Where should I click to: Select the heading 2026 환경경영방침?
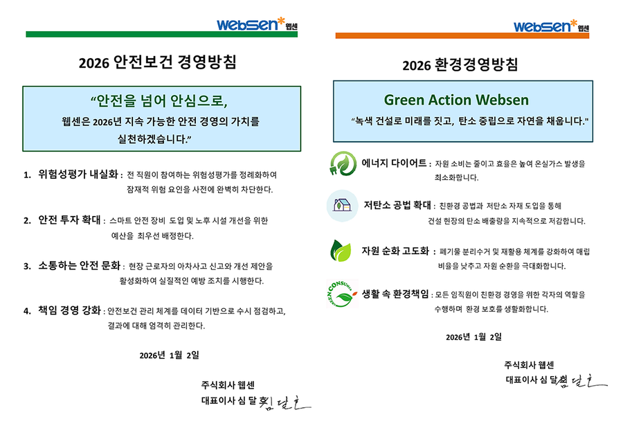[x=460, y=65]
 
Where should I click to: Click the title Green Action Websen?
[x=456, y=100]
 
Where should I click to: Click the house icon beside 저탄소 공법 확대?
[x=342, y=205]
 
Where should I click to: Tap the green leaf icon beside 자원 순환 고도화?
[x=343, y=251]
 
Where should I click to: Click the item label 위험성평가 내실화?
[x=80, y=174]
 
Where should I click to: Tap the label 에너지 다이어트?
[x=394, y=163]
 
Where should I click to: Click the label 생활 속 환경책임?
[x=395, y=294]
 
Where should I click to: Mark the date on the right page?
[x=474, y=337]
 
